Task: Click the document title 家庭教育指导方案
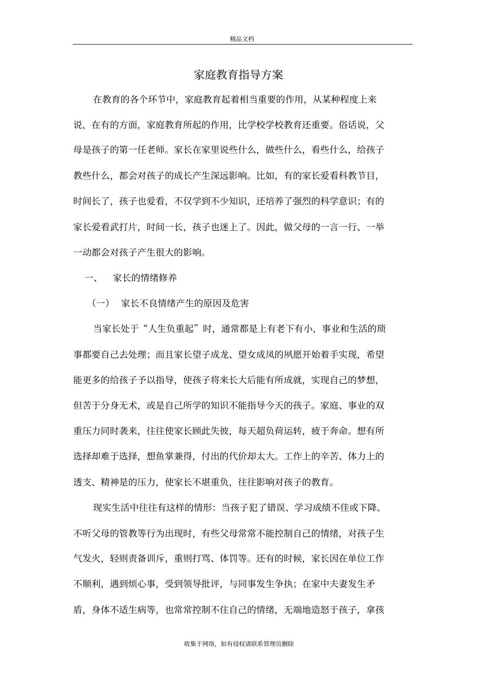(x=238, y=75)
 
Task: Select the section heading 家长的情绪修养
(x=145, y=278)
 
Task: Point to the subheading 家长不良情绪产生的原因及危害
(x=185, y=303)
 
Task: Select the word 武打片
(x=124, y=227)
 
